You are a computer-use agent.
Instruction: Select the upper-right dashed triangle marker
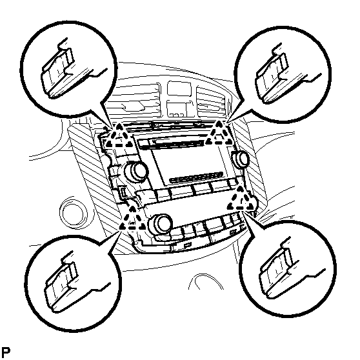pos(219,134)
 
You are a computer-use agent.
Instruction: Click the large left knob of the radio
pos(136,170)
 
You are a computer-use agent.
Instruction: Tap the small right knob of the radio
pos(241,159)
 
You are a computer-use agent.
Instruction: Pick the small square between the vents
pos(179,88)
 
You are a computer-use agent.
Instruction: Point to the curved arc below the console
pos(206,279)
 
